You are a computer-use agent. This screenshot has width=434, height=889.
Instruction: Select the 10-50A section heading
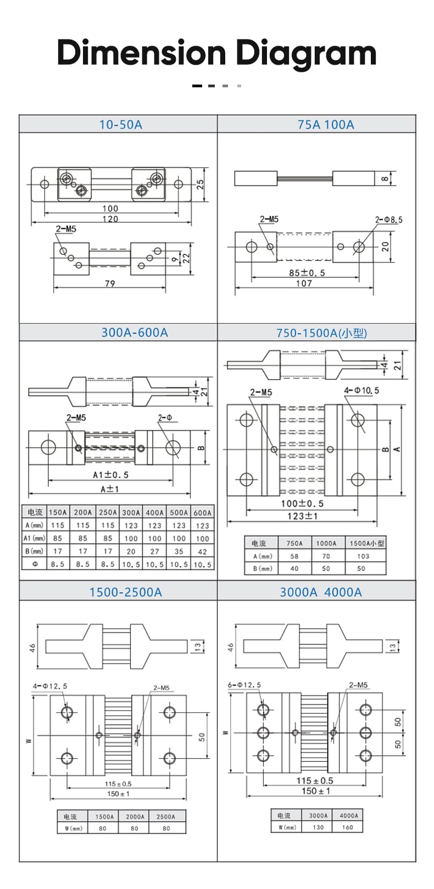coord(120,125)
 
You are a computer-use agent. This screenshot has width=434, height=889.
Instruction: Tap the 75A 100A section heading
coord(326,125)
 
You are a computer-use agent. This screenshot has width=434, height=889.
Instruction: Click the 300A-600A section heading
coord(135,332)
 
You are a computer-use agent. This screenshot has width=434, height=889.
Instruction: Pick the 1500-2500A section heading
coord(126,592)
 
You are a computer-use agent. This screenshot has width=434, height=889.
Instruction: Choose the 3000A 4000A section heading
coord(321,592)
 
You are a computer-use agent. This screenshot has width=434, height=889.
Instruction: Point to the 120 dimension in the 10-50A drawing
coord(110,219)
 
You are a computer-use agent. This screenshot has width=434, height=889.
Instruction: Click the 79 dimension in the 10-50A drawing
coord(110,283)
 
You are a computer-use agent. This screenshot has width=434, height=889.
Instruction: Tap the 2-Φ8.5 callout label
coord(388,220)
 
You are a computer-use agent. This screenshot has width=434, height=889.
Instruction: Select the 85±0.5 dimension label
coord(307,272)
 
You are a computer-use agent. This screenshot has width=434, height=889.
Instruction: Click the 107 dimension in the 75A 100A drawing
coord(304,283)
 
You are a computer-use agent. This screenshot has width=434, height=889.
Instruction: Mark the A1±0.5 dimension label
coord(110,475)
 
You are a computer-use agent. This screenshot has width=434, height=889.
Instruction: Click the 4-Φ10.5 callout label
coord(361,390)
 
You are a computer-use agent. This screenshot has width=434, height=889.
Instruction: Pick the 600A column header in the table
coord(202,512)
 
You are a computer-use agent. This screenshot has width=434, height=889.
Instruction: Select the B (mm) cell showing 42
coord(202,551)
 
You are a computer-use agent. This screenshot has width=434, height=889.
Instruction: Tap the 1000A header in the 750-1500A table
coord(326,543)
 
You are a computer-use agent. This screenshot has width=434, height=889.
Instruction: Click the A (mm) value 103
coord(363,556)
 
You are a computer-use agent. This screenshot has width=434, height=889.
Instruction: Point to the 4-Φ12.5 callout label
coord(50,686)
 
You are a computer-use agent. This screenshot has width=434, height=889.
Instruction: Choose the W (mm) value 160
coord(348,827)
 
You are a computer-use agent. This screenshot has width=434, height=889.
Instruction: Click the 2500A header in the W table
coord(166,817)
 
